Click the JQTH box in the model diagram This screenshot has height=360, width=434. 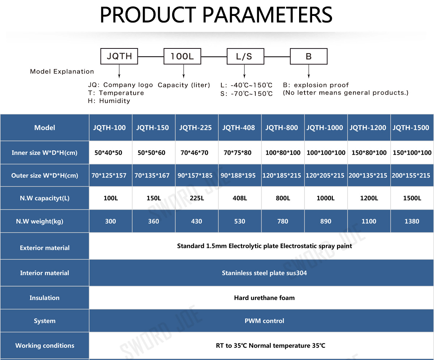(119, 56)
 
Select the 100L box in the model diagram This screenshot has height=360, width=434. (182, 56)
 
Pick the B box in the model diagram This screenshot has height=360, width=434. (309, 56)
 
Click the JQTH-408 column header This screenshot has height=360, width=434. (239, 128)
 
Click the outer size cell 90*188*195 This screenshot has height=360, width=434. (239, 175)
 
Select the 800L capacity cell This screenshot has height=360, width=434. (283, 198)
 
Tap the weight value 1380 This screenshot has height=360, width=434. (412, 221)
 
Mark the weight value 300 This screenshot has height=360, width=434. (110, 221)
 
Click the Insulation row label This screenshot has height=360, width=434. (44, 298)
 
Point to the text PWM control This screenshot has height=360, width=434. (264, 321)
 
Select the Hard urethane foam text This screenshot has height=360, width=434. (264, 298)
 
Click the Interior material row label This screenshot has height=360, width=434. (44, 273)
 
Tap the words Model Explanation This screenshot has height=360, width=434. (62, 72)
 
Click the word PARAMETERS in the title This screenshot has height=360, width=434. (267, 14)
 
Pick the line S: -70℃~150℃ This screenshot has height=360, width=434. (247, 94)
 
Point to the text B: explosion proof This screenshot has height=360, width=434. (316, 85)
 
